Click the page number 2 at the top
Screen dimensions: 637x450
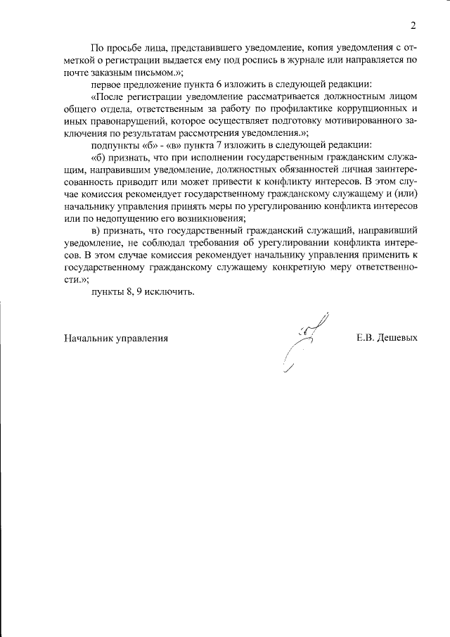tap(413, 26)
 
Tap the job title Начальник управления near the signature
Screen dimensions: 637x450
tap(116, 337)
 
